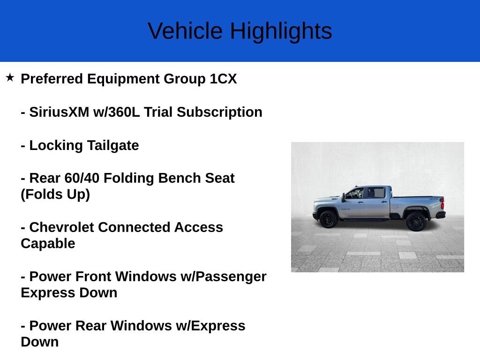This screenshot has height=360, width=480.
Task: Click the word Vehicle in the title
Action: [185, 30]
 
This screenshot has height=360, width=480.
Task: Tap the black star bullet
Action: [10, 77]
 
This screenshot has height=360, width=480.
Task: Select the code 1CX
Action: [223, 79]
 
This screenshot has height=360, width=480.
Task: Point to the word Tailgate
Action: [113, 145]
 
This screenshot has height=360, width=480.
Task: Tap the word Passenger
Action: [231, 277]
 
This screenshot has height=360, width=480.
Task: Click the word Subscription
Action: [219, 112]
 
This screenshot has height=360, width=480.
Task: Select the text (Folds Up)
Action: [55, 195]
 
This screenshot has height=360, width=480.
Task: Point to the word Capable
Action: [48, 244]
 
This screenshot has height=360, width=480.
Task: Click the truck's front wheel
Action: [329, 219]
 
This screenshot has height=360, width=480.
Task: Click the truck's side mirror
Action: [344, 197]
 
